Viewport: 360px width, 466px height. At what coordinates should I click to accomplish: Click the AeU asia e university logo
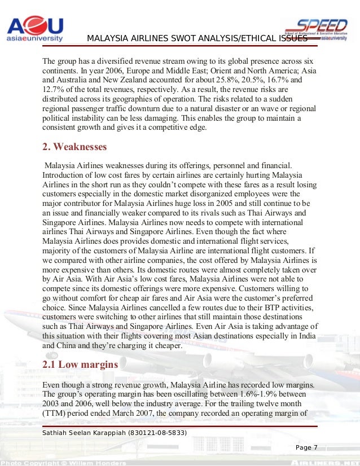(34, 27)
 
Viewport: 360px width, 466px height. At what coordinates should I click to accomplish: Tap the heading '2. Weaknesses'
(74, 147)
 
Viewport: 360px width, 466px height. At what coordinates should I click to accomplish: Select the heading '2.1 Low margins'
(80, 364)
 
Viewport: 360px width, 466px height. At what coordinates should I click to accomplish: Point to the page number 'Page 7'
(307, 448)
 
